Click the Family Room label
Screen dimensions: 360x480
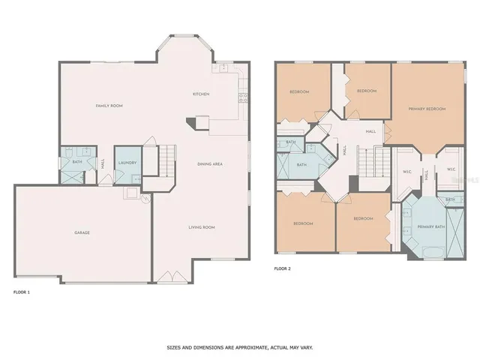pyautogui.click(x=109, y=106)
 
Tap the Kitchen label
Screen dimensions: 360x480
pyautogui.click(x=201, y=94)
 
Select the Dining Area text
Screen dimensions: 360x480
pyautogui.click(x=210, y=163)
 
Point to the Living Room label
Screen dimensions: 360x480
pyautogui.click(x=201, y=226)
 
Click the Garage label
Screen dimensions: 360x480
pyautogui.click(x=82, y=232)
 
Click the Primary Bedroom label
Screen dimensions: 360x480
pyautogui.click(x=427, y=109)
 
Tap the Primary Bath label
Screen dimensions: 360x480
pyautogui.click(x=431, y=226)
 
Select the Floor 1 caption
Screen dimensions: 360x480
pyautogui.click(x=22, y=289)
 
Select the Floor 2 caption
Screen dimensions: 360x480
pyautogui.click(x=282, y=268)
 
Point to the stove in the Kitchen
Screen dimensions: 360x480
pyautogui.click(x=242, y=96)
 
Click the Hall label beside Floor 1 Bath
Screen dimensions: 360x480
pyautogui.click(x=103, y=163)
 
